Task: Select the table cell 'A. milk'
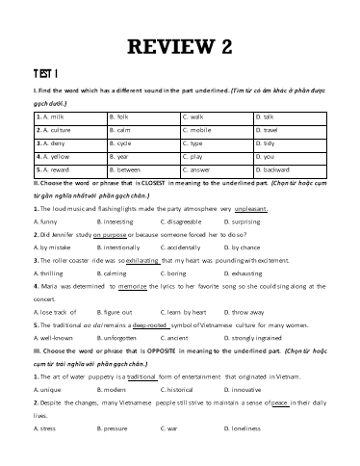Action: [x=47, y=115]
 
